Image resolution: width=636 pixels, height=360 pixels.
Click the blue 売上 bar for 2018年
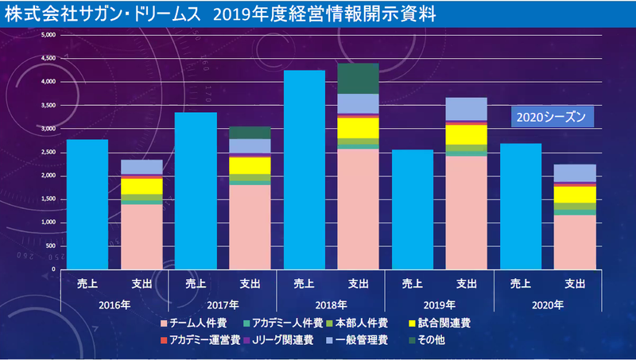pos(304,170)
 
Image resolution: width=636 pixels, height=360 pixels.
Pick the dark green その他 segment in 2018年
pos(358,78)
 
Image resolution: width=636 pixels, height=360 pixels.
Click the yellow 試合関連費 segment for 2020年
pos(575,195)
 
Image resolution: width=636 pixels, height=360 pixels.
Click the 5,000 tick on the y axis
pos(48,35)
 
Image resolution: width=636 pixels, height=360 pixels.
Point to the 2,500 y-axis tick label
pos(48,152)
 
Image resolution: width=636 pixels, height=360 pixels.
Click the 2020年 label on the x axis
pos(548,304)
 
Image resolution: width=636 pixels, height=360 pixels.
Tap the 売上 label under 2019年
pos(412,283)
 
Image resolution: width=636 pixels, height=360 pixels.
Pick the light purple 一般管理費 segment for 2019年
pos(467,109)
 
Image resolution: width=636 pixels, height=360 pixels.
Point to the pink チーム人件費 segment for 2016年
pos(142,237)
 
